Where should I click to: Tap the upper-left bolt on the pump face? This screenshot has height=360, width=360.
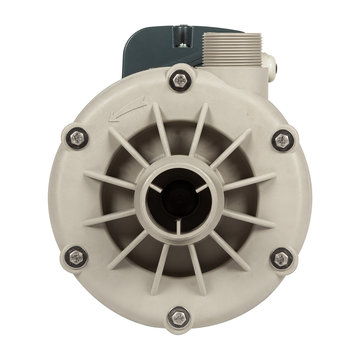pyautogui.click(x=77, y=137)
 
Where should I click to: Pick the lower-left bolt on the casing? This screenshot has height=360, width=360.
pyautogui.click(x=76, y=257)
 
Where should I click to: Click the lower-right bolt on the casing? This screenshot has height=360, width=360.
pyautogui.click(x=282, y=258)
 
